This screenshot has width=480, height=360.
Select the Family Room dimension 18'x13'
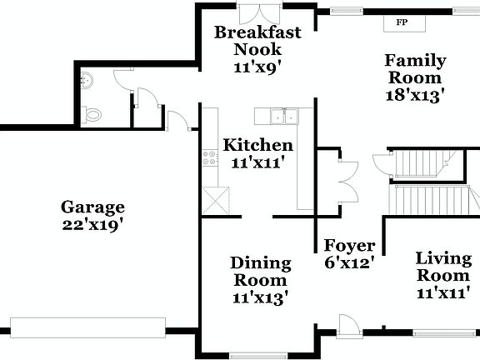(x=414, y=94)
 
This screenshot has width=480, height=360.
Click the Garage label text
(x=92, y=207)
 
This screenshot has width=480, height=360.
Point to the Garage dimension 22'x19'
(x=92, y=225)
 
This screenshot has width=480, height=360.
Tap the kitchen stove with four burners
(x=208, y=157)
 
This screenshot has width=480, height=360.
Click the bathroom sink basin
(x=88, y=81)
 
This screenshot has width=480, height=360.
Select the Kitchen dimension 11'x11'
(x=257, y=162)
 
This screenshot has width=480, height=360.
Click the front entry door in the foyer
(x=348, y=326)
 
